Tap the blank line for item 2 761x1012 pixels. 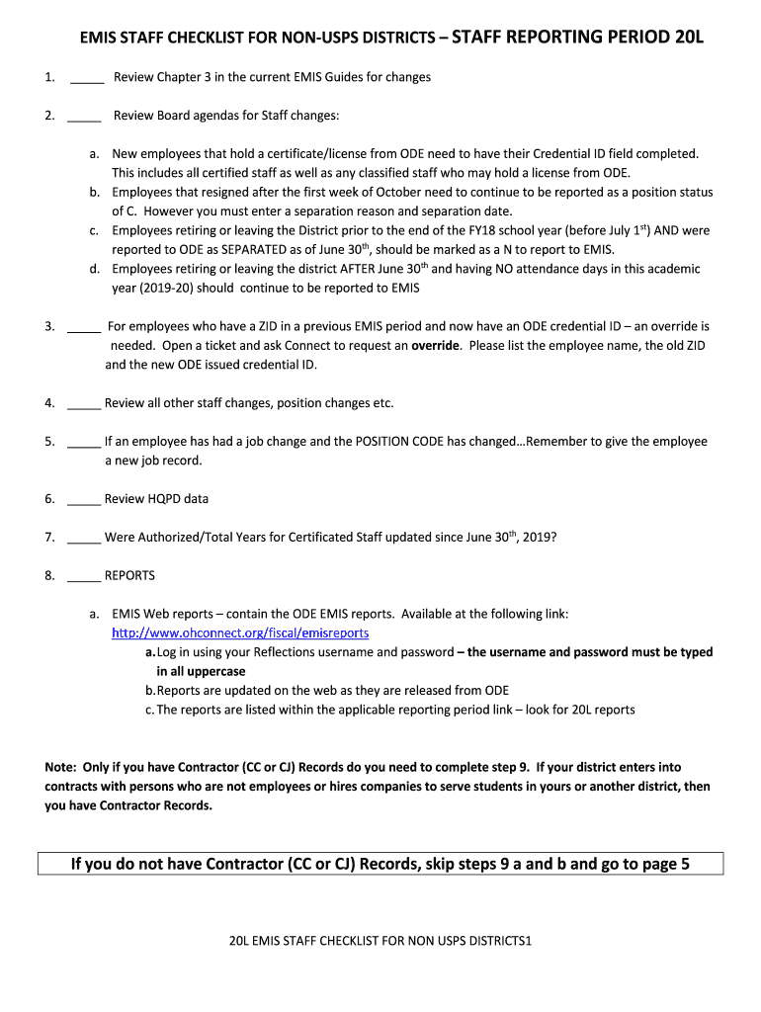(x=84, y=117)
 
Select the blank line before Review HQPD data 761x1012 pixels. (x=84, y=500)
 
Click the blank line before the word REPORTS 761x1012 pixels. (x=84, y=576)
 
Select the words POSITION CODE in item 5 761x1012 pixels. (x=398, y=442)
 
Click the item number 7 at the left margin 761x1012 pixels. (x=48, y=538)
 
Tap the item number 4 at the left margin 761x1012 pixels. (x=48, y=403)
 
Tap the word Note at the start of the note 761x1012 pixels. (x=61, y=768)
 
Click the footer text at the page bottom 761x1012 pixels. (x=380, y=941)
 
